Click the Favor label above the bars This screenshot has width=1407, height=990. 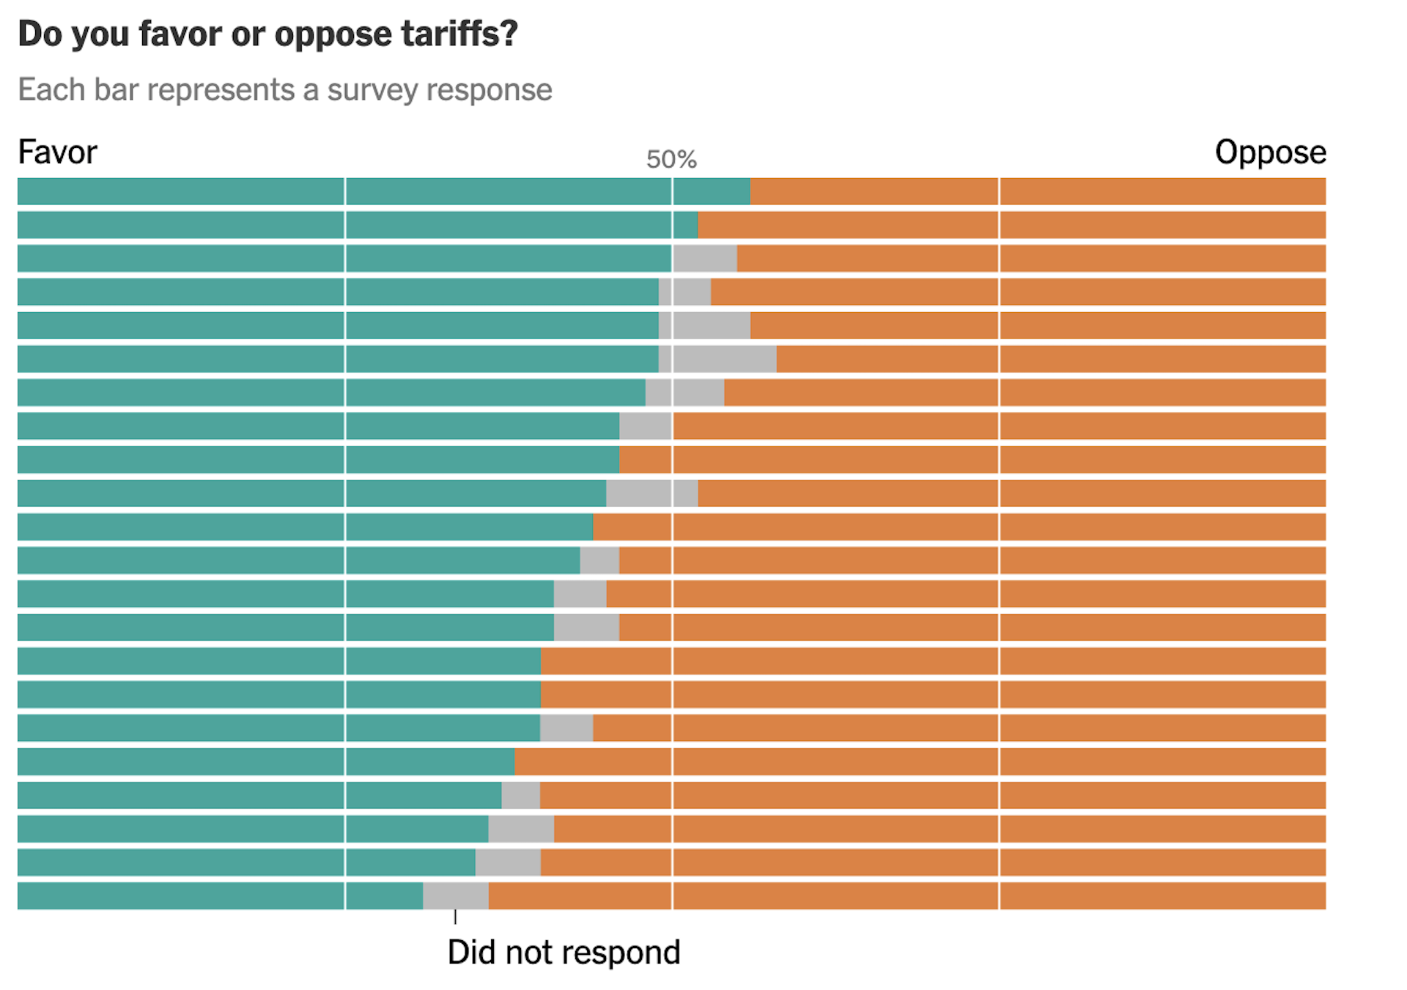click(57, 152)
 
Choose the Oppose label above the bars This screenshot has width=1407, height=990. click(1270, 152)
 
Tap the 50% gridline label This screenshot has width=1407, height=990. click(671, 160)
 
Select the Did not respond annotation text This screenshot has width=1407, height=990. click(564, 953)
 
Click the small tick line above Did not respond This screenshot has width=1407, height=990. click(455, 917)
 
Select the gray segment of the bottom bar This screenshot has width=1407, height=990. click(456, 896)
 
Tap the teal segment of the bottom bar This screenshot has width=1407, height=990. click(220, 896)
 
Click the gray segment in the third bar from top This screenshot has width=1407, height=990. click(705, 259)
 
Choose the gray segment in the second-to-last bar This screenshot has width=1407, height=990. click(508, 862)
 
